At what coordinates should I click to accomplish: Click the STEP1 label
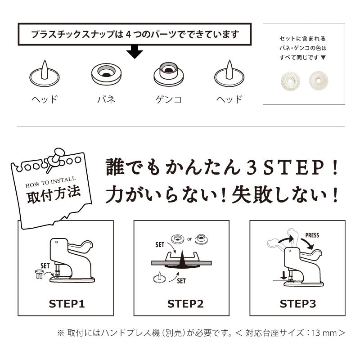(x=67, y=303)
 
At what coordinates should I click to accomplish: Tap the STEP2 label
(x=185, y=303)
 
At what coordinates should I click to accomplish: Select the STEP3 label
(x=298, y=303)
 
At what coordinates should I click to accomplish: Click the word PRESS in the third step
(x=312, y=235)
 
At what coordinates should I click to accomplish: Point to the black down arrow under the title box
(x=135, y=52)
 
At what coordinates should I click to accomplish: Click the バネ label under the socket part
(x=106, y=99)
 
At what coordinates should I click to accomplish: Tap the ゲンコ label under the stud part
(x=168, y=99)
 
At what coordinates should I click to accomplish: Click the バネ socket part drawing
(x=106, y=74)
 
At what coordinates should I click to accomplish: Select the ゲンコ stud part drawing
(x=168, y=74)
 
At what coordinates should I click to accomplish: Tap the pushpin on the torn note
(x=55, y=158)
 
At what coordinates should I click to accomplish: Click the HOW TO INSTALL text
(x=50, y=182)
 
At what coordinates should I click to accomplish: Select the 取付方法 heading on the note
(x=54, y=195)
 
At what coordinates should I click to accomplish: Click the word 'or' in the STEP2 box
(x=189, y=239)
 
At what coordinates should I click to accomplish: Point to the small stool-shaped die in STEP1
(x=39, y=274)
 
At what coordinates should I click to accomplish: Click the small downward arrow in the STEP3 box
(x=284, y=275)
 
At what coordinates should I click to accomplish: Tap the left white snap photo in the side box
(x=290, y=81)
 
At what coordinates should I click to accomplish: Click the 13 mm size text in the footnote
(x=324, y=333)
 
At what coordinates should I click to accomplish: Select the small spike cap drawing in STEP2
(x=159, y=277)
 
